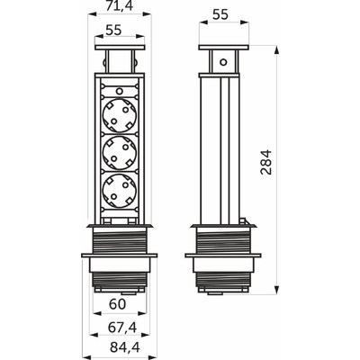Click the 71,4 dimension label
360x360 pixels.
pos(120,5)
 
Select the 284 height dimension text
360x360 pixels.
pos(266,162)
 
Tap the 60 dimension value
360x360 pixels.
pos(117,304)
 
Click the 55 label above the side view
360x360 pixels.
pos(220,14)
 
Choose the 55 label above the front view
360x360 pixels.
pos(113,30)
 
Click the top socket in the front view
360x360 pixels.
pos(120,115)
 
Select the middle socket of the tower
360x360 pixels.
pos(120,153)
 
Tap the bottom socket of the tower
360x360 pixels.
pos(120,191)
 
